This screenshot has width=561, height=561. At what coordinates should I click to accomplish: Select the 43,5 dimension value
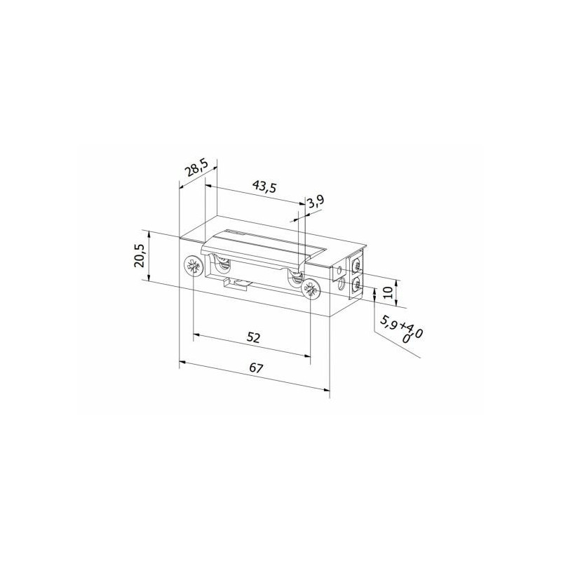coord(264,188)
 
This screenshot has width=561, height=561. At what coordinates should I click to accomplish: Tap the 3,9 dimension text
coord(316,202)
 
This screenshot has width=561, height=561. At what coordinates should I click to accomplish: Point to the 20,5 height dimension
coord(139,255)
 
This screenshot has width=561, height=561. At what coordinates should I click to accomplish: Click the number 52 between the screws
coord(254,338)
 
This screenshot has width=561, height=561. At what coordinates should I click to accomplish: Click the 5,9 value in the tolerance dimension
coord(388,323)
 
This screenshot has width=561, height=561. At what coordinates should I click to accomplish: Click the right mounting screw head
coord(309,288)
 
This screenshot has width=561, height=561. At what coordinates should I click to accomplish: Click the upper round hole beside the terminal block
coord(342,267)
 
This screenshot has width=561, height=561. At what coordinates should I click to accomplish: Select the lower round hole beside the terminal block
coord(342,284)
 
